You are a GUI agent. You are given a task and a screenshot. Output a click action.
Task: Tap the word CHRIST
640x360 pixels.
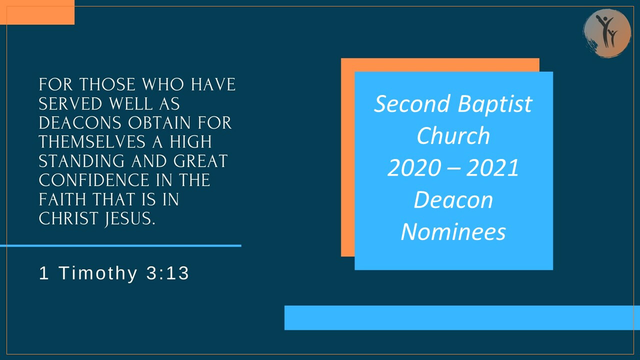[67, 218]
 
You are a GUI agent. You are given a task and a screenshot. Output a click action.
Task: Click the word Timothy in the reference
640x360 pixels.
[98, 273]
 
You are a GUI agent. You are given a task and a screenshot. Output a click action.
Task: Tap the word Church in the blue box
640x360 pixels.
[453, 135]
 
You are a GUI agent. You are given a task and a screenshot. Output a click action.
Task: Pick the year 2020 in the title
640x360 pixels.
[412, 168]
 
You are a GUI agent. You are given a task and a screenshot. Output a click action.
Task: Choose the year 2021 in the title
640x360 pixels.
[493, 168]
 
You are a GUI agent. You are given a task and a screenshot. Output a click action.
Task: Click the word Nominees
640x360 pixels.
[453, 231]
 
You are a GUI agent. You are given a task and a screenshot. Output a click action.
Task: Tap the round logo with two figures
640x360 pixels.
[607, 32]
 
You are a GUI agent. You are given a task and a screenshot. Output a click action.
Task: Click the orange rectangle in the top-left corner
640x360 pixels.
[37, 12]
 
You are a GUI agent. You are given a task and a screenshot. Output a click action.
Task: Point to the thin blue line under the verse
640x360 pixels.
[120, 245]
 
